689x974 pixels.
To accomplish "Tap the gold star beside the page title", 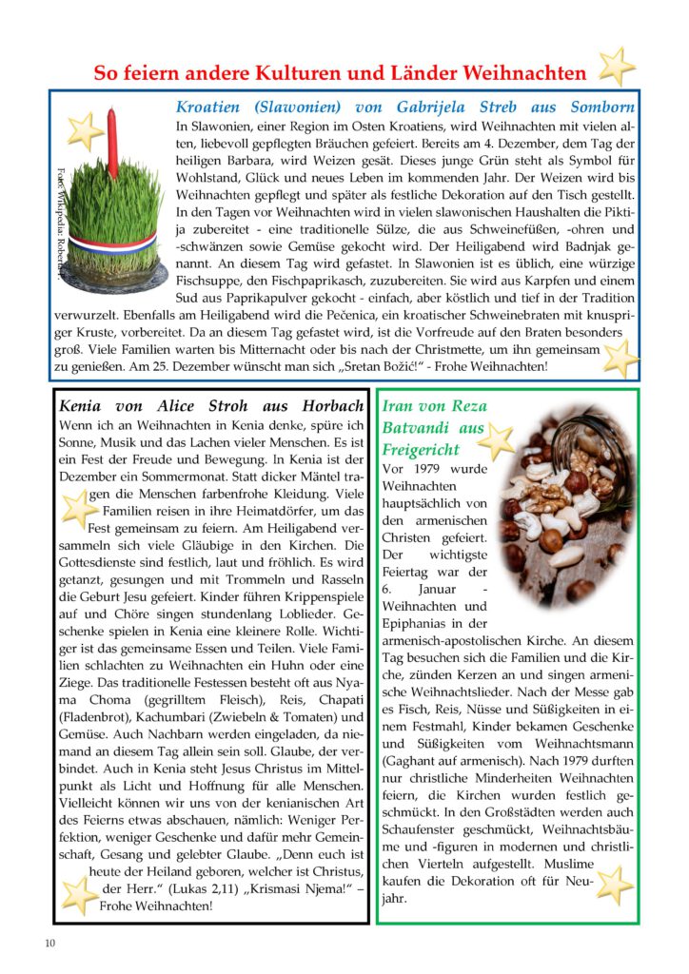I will click(x=617, y=67).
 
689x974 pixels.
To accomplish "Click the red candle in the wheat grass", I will click(x=113, y=143).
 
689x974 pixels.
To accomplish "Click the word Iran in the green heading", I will click(x=399, y=405).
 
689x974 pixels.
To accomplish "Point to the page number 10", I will click(x=49, y=944).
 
